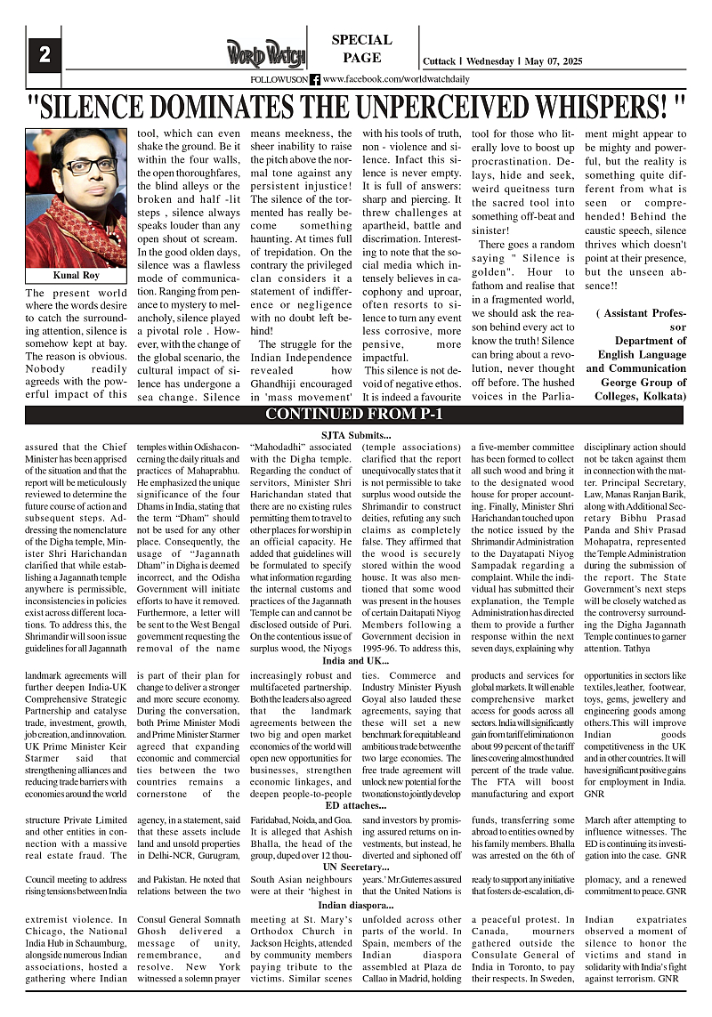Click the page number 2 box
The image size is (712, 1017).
44,54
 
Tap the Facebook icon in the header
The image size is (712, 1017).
315,79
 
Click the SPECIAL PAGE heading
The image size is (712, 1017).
361,49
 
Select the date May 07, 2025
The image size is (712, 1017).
552,61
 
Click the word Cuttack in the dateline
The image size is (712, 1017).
440,61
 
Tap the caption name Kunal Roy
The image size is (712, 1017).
76,275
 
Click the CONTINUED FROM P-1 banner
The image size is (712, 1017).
354,414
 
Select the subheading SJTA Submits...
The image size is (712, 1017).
355,433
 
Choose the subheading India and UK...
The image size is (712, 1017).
355,660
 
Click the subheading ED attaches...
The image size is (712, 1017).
355,804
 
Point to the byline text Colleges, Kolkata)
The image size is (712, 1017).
635,395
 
